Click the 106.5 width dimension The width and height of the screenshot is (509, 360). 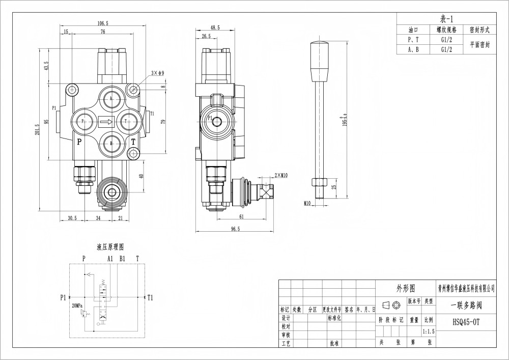[x=103, y=23]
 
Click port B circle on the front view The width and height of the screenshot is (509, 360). [x=111, y=144]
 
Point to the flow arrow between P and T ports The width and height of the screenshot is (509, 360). [x=106, y=122]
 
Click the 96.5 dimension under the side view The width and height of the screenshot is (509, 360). [x=235, y=230]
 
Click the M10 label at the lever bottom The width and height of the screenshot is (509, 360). [x=307, y=203]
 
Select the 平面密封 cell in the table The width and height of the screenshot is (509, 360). [x=479, y=44]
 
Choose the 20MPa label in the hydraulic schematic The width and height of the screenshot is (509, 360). [x=77, y=306]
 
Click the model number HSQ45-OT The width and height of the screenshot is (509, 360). [x=466, y=322]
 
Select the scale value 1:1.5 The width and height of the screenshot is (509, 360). [x=428, y=330]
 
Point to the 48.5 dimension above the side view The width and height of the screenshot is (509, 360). [x=214, y=28]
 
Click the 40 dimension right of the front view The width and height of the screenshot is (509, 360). [x=142, y=176]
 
